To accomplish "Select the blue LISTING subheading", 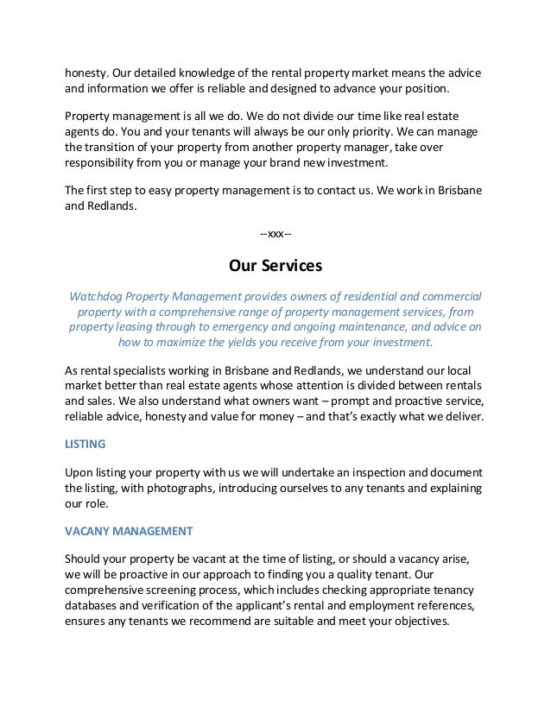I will (x=85, y=444).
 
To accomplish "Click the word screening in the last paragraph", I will (x=176, y=589).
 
